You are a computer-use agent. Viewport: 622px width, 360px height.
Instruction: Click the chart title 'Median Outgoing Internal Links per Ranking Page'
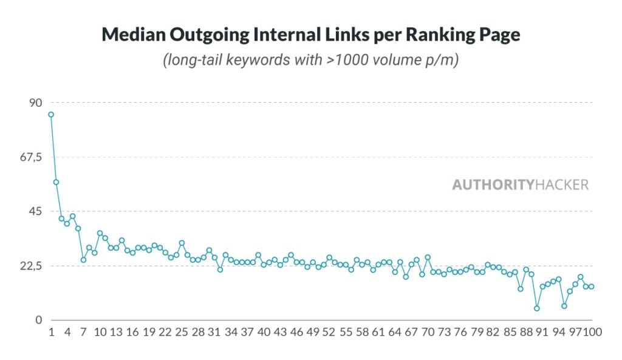coord(310,35)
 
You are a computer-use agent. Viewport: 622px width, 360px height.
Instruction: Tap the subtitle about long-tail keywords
coord(310,61)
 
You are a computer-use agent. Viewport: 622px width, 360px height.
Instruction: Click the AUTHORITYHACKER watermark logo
coord(520,185)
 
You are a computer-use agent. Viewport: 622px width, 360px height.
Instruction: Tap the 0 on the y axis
coord(38,320)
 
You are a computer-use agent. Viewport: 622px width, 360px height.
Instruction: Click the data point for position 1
coord(51,114)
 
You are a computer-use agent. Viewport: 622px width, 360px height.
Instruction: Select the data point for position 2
coord(56,182)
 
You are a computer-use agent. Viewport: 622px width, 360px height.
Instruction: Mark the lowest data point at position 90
coord(537,308)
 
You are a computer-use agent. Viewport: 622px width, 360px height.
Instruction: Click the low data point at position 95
coord(564,306)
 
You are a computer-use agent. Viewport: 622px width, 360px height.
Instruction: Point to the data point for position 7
coord(84,260)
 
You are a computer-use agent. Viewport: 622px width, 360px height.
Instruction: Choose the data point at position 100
coord(592,287)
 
